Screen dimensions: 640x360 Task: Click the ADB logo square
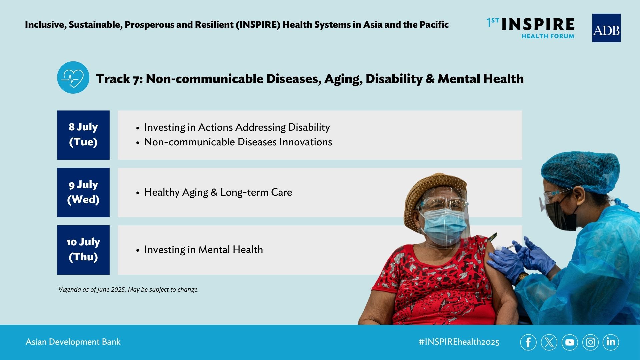606,28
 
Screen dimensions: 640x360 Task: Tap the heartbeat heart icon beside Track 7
73,77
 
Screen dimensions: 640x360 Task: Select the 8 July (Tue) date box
83,135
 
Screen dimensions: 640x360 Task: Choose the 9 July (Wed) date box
83,192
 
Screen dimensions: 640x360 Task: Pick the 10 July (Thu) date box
83,250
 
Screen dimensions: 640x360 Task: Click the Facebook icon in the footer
528,342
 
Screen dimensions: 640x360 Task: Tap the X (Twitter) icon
549,342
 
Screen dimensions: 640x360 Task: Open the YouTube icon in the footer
570,342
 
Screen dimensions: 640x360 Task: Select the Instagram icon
590,342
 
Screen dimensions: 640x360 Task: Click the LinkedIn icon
611,342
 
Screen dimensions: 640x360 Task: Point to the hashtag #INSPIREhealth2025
459,342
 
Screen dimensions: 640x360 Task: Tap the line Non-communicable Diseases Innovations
238,142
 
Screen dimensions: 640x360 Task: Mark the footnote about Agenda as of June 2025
128,289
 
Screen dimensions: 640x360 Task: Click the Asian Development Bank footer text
73,342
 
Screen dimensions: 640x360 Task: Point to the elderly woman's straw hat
433,193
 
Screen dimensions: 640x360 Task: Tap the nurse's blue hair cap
580,172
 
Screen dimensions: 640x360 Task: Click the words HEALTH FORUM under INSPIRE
548,36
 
